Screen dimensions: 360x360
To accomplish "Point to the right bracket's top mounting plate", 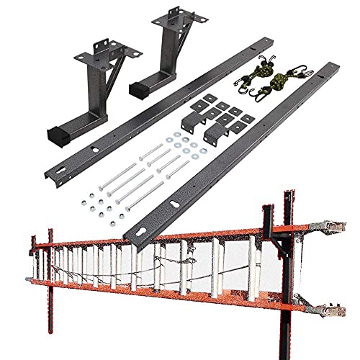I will [171, 22].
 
